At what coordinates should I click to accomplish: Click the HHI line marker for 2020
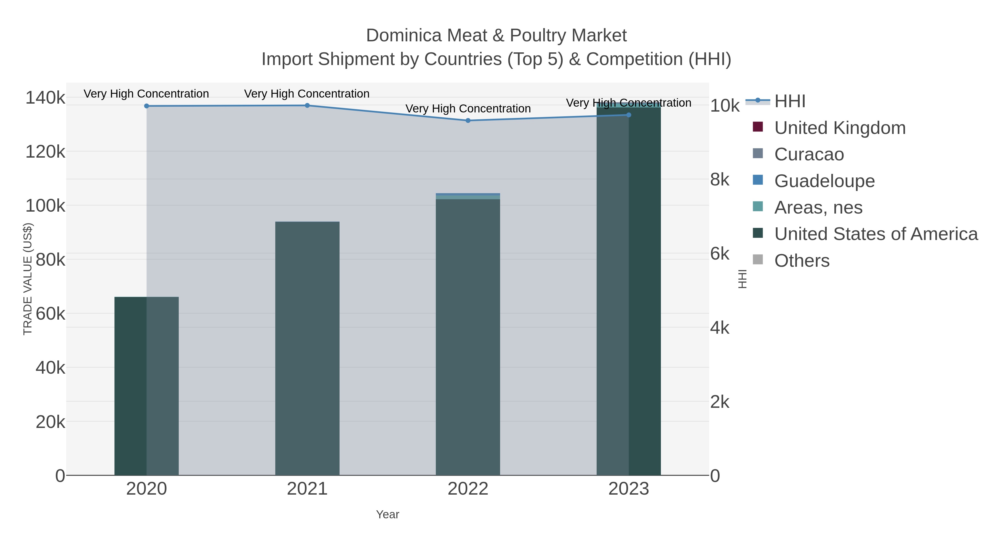tap(146, 106)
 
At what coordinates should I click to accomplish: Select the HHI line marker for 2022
tap(468, 120)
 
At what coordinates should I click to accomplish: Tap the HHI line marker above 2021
tap(307, 106)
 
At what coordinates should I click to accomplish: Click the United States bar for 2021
tap(307, 347)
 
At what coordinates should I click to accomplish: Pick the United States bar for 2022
tap(468, 335)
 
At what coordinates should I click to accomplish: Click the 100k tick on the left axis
tap(46, 206)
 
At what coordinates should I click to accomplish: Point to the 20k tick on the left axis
tap(50, 422)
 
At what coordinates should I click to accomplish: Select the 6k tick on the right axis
tap(720, 254)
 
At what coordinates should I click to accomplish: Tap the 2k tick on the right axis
tap(720, 402)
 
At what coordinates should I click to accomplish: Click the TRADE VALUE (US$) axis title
tap(28, 279)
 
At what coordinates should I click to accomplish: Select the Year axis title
tap(388, 514)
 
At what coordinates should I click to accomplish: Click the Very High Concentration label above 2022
tap(468, 109)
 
